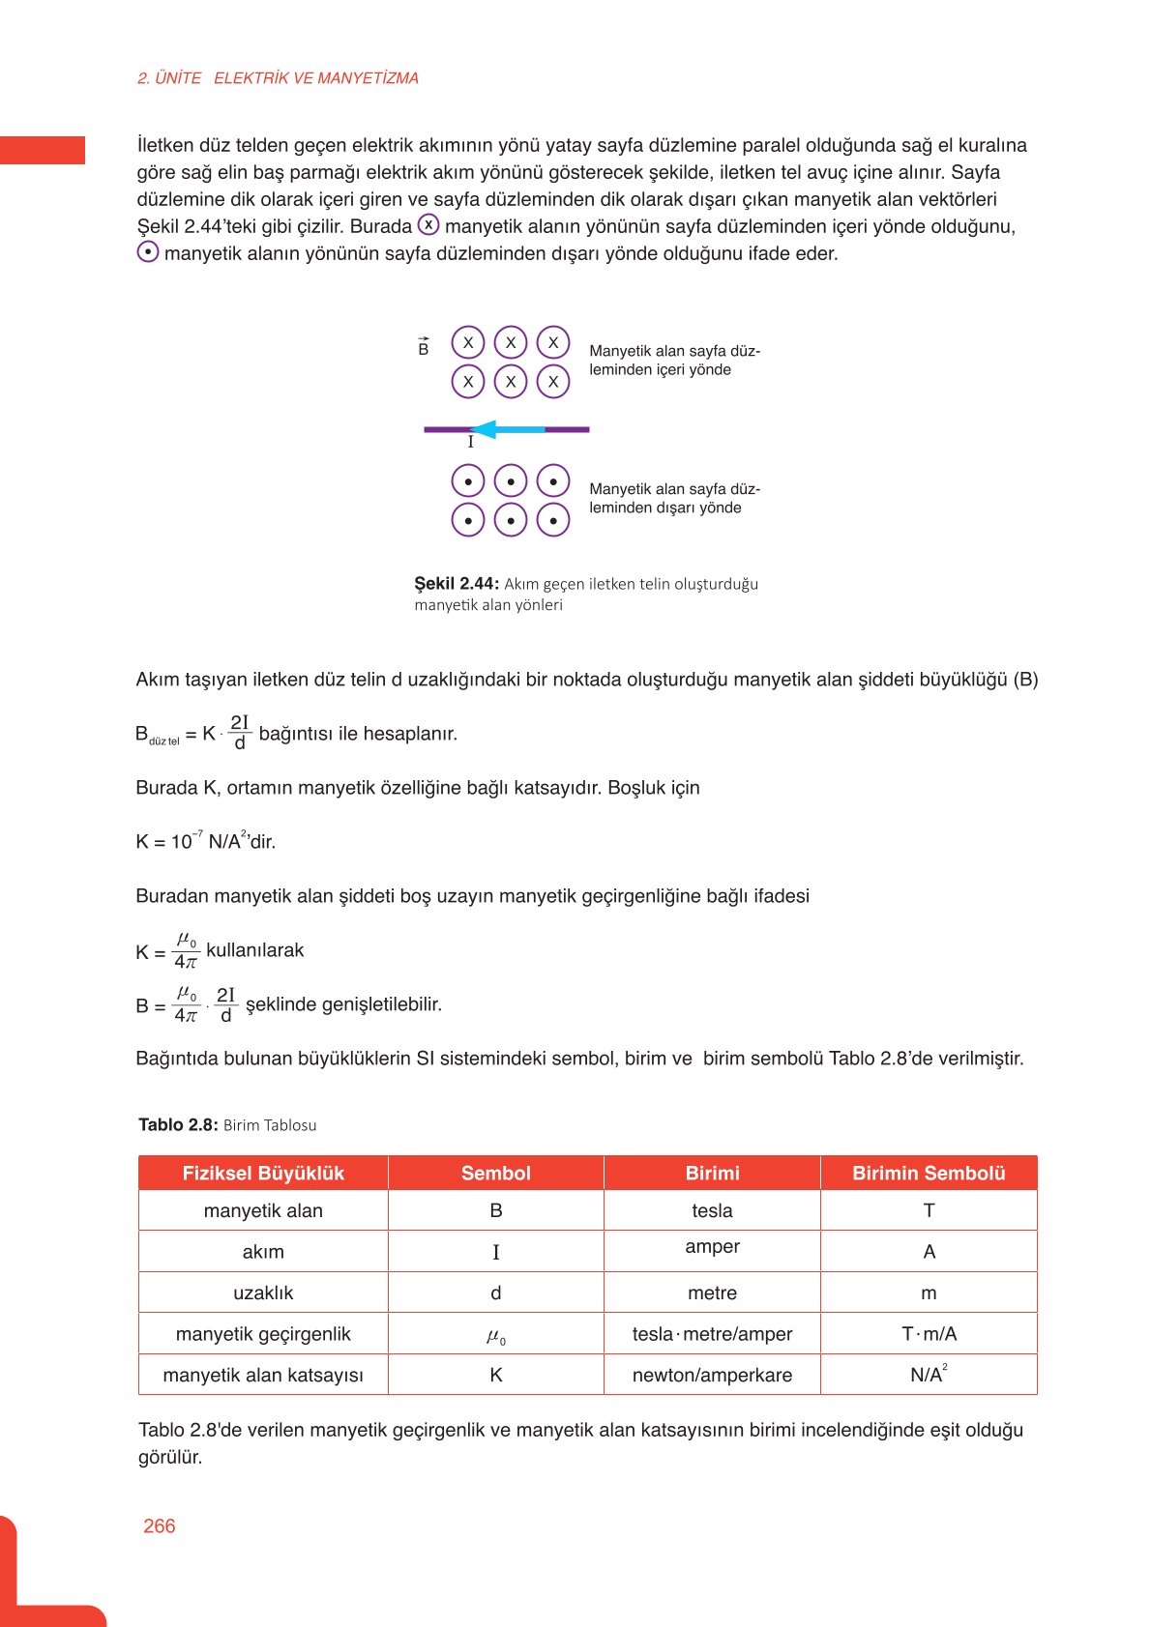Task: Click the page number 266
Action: coord(159,1525)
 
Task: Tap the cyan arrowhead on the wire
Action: coord(483,429)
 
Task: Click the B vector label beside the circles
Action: coord(424,348)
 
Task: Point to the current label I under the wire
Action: coord(471,443)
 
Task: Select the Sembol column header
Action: coord(495,1173)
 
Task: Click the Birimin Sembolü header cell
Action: coord(929,1173)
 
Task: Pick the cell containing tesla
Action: coord(712,1210)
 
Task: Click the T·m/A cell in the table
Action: coord(929,1334)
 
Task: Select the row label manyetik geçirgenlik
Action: coord(263,1334)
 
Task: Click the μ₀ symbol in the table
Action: coord(495,1336)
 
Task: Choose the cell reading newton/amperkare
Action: coord(712,1375)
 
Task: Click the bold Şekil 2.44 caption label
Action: coord(457,584)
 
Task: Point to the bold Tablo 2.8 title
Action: coord(178,1124)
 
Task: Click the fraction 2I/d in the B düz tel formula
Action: coord(240,733)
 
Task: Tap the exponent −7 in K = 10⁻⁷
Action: coord(197,833)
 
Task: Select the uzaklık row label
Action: coord(263,1293)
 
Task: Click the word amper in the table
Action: coord(712,1247)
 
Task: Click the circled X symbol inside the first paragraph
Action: coord(428,225)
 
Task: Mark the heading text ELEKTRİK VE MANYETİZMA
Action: coord(316,78)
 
